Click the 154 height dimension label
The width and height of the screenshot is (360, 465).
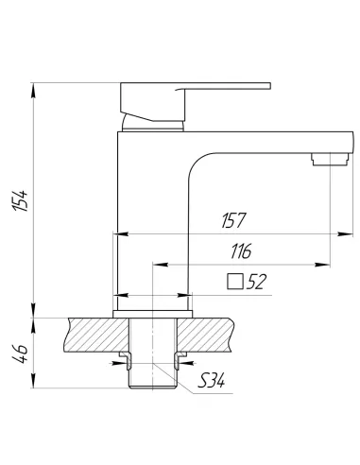tap(20, 200)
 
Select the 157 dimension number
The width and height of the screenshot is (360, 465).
tap(233, 220)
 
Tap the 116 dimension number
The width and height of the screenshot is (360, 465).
tap(241, 251)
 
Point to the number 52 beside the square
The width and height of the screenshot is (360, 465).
tap(256, 282)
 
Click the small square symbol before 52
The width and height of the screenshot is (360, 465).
tap(235, 282)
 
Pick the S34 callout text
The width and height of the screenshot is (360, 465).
tap(211, 380)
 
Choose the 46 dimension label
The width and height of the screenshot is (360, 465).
tap(20, 353)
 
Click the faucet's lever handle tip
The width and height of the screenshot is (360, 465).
tap(269, 86)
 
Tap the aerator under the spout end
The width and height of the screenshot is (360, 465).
tap(331, 159)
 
